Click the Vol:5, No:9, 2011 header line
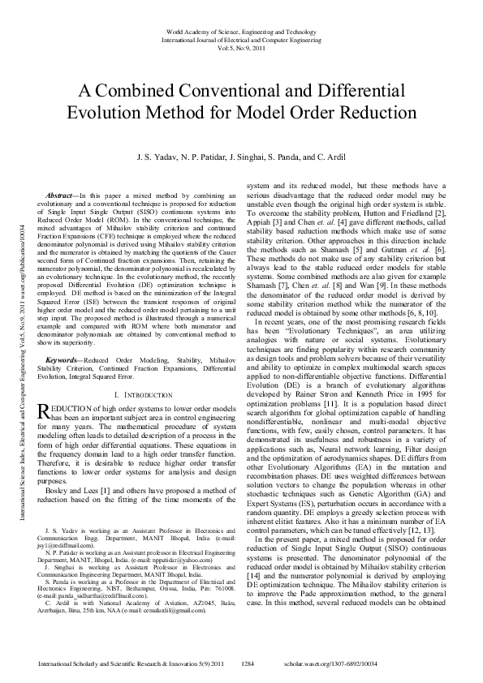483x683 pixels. (241, 48)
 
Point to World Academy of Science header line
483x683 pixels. (241, 31)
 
